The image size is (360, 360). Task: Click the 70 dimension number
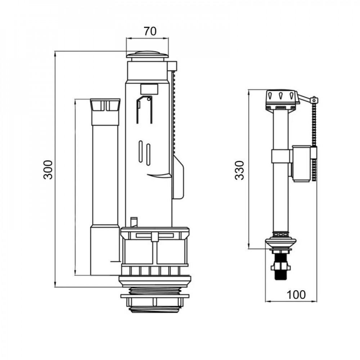tap(150, 31)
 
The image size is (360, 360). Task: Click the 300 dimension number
tap(48, 169)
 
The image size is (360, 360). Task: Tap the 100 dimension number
tap(296, 294)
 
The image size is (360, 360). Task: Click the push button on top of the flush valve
tap(147, 55)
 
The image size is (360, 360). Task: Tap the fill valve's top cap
tap(282, 97)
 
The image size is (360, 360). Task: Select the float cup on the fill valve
tap(301, 163)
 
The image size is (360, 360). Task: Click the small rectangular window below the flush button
tap(149, 89)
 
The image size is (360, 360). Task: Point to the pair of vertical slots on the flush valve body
tap(144, 153)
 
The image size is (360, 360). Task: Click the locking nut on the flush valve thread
tap(154, 297)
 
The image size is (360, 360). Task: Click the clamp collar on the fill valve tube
tap(281, 156)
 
